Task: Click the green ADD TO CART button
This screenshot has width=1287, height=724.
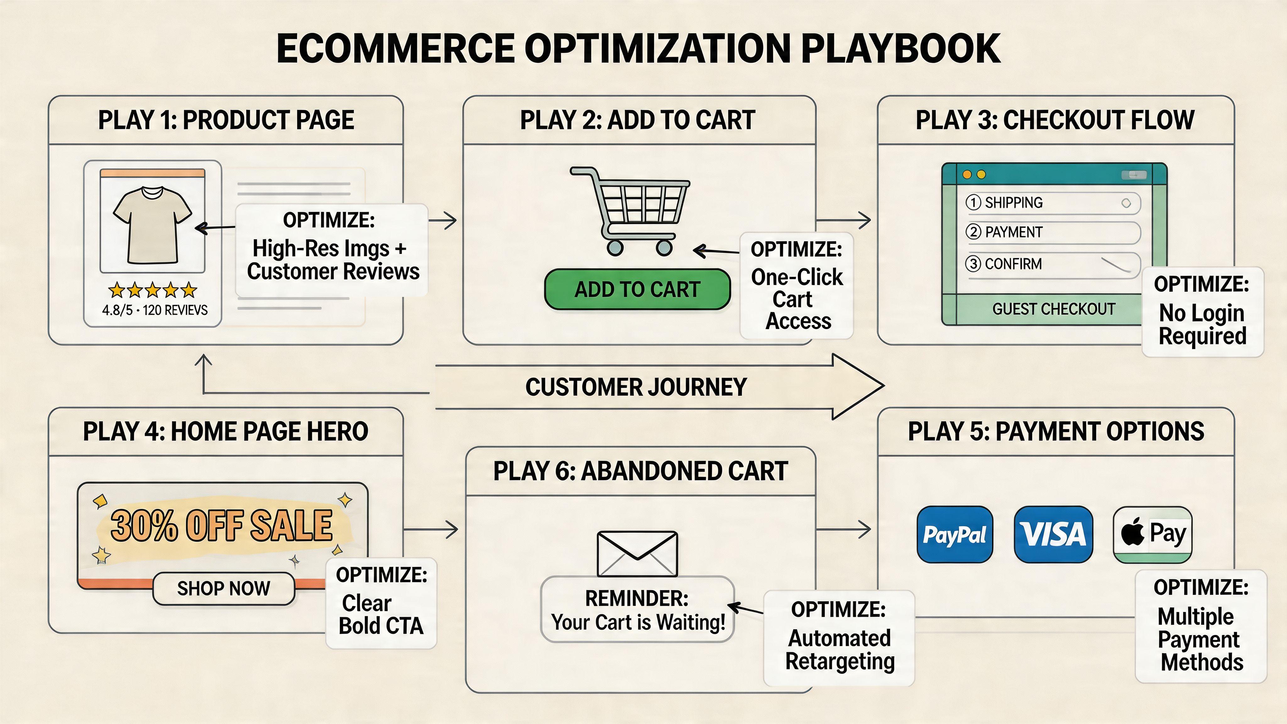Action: click(x=637, y=289)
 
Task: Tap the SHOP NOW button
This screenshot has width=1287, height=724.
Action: click(x=223, y=588)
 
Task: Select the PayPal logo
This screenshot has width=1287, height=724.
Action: click(x=954, y=534)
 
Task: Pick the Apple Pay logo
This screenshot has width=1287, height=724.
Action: click(x=1152, y=534)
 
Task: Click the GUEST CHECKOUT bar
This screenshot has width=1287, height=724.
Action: click(x=1053, y=309)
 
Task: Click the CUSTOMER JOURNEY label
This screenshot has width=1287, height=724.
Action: click(x=636, y=387)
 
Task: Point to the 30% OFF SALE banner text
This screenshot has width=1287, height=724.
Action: click(x=221, y=526)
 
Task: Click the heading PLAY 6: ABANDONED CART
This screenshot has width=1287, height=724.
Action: click(x=640, y=471)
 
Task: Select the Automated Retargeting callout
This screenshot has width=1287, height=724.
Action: click(x=839, y=638)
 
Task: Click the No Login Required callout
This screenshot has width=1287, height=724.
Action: click(x=1202, y=312)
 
